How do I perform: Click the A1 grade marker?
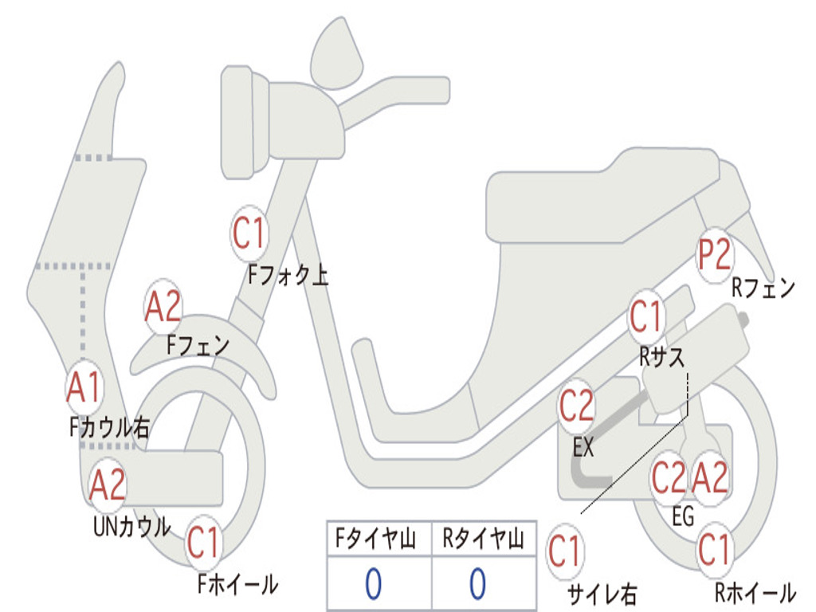[84, 388]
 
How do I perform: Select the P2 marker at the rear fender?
[714, 257]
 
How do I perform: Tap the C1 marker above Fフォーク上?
[248, 233]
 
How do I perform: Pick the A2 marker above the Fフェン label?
[163, 308]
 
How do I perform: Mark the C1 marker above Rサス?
[646, 317]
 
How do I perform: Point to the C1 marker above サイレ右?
[565, 551]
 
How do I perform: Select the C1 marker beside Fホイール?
[203, 545]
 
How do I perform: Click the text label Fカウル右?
[109, 428]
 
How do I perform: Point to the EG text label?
[683, 517]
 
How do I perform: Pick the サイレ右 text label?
[602, 594]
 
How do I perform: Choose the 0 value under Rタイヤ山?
[477, 584]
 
